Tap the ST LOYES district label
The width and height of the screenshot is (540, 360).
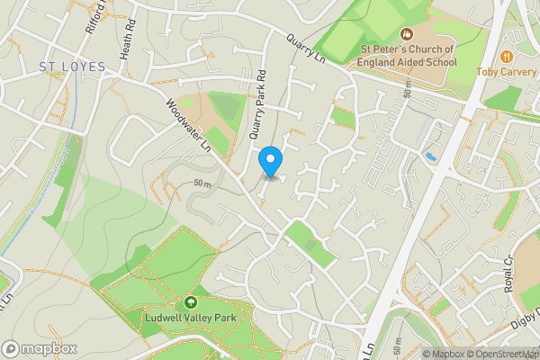tap(72, 67)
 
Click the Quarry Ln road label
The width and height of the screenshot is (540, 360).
tap(306, 49)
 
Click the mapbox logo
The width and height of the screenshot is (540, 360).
tap(40, 348)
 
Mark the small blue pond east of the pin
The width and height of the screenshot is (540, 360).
tap(431, 157)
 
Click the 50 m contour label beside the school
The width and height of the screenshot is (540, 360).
tap(409, 89)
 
